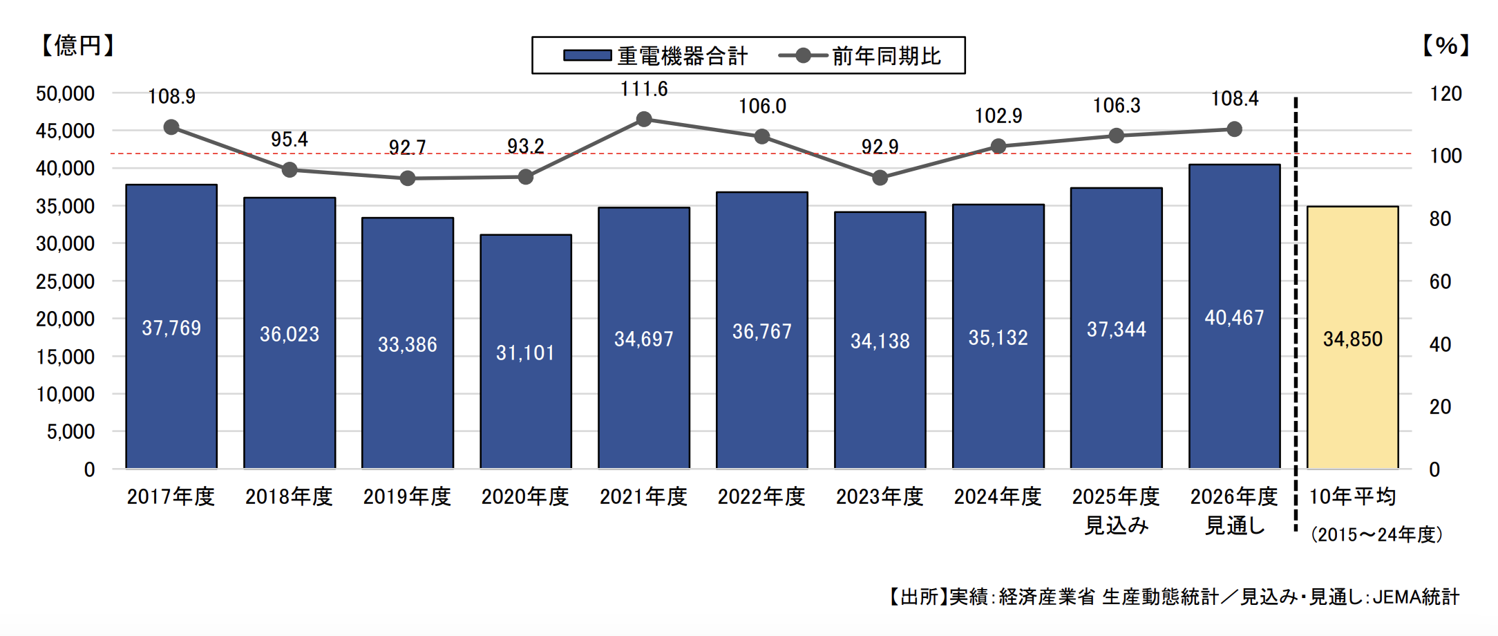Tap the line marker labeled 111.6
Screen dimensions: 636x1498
coord(644,120)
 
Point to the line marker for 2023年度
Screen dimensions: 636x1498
coord(880,178)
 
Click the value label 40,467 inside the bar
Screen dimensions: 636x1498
coord(1234,317)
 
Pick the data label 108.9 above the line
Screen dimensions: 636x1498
coord(171,96)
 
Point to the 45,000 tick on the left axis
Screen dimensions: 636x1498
coord(65,131)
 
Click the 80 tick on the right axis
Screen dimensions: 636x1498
coord(1440,219)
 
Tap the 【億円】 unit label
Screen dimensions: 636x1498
coord(77,46)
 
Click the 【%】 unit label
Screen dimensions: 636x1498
coord(1445,46)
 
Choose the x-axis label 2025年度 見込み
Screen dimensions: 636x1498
coord(1116,510)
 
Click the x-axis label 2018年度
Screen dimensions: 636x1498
coord(289,496)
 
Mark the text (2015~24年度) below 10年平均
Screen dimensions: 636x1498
coord(1376,534)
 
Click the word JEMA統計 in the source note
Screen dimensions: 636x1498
coord(1416,597)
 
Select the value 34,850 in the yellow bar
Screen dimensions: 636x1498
coord(1352,339)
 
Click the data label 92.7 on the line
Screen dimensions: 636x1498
coord(407,147)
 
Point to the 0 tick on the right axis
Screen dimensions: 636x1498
coord(1434,469)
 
